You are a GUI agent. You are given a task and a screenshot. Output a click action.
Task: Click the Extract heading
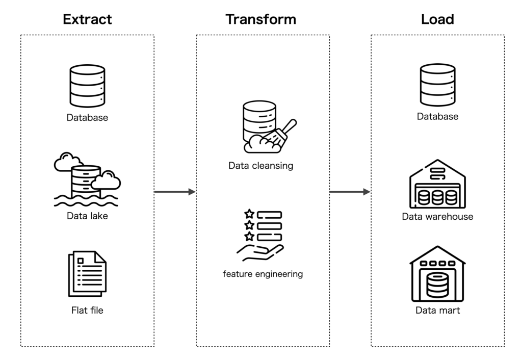tap(87, 19)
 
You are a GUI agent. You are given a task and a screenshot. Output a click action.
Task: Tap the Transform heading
tap(260, 19)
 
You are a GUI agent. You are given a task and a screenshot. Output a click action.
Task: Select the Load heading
tap(437, 19)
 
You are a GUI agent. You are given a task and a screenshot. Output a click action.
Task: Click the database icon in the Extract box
tap(87, 86)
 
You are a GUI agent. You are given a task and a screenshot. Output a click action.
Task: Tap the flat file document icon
tap(87, 273)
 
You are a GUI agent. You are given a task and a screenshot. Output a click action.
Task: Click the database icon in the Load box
tap(437, 85)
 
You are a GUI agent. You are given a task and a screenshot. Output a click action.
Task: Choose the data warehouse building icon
tap(437, 185)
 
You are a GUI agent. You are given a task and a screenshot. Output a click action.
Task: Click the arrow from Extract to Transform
tap(175, 192)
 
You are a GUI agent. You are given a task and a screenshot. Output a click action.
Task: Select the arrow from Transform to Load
tap(350, 192)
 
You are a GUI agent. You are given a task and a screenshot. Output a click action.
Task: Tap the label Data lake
tap(87, 216)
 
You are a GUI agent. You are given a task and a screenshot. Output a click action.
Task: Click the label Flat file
tap(87, 310)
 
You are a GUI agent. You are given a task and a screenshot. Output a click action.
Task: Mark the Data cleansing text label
tap(260, 166)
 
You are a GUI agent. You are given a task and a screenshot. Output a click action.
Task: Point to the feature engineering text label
tap(263, 274)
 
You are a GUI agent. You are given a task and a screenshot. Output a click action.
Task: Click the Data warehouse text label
tap(437, 217)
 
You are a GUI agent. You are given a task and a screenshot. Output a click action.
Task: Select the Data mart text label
tap(437, 311)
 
